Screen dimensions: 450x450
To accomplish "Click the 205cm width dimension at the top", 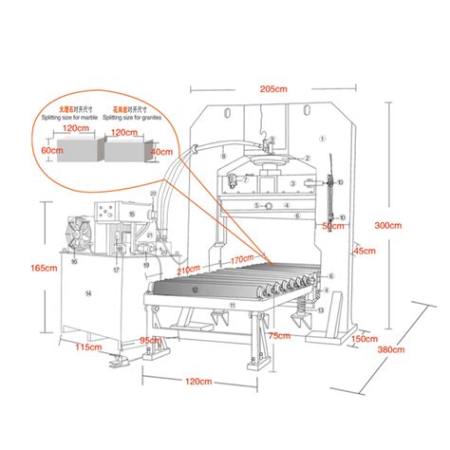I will pos(275,88).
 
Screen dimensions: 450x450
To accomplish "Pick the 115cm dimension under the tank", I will pos(87,348).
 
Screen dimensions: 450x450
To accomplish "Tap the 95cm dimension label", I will pos(150,339).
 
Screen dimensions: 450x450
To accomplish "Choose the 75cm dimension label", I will pos(278,335).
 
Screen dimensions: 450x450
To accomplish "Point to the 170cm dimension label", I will pos(240,257).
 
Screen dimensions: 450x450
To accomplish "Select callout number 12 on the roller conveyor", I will pos(195,289).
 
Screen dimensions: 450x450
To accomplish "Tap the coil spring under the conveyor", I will pos(306,307).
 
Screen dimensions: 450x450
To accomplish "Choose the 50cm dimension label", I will pos(330,226).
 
